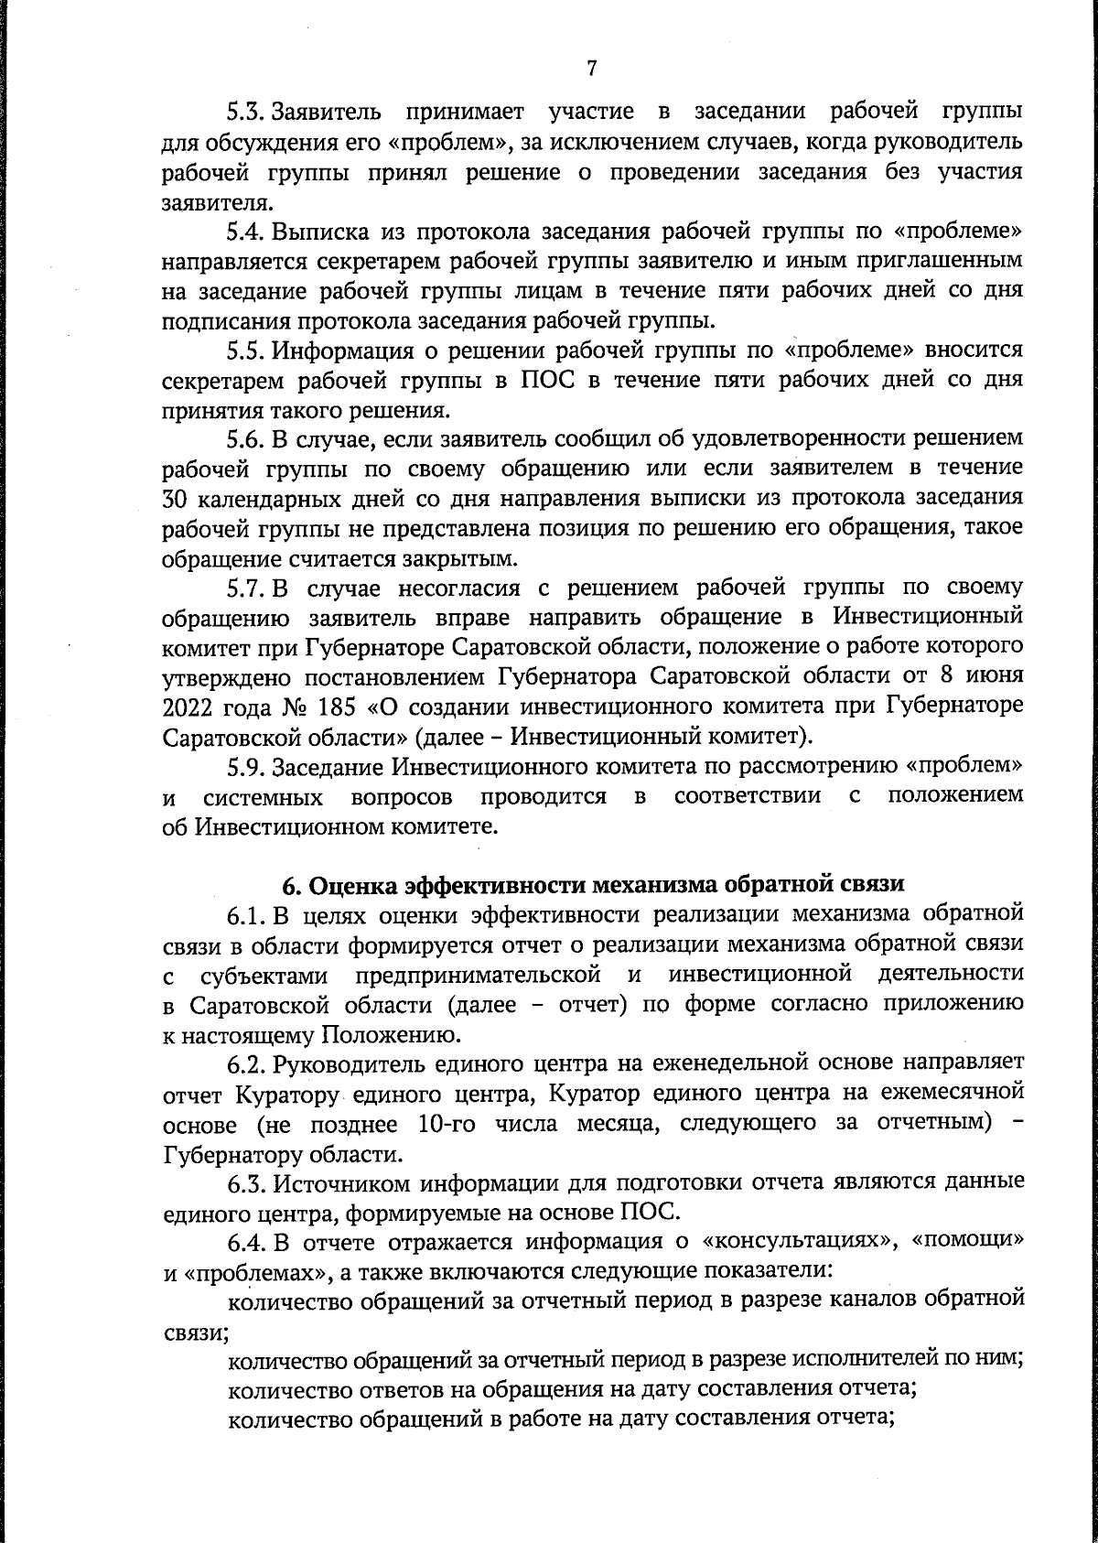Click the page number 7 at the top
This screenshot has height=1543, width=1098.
click(591, 68)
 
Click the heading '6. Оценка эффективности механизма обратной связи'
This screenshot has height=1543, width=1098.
click(591, 885)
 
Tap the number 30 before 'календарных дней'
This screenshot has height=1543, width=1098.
click(176, 499)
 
